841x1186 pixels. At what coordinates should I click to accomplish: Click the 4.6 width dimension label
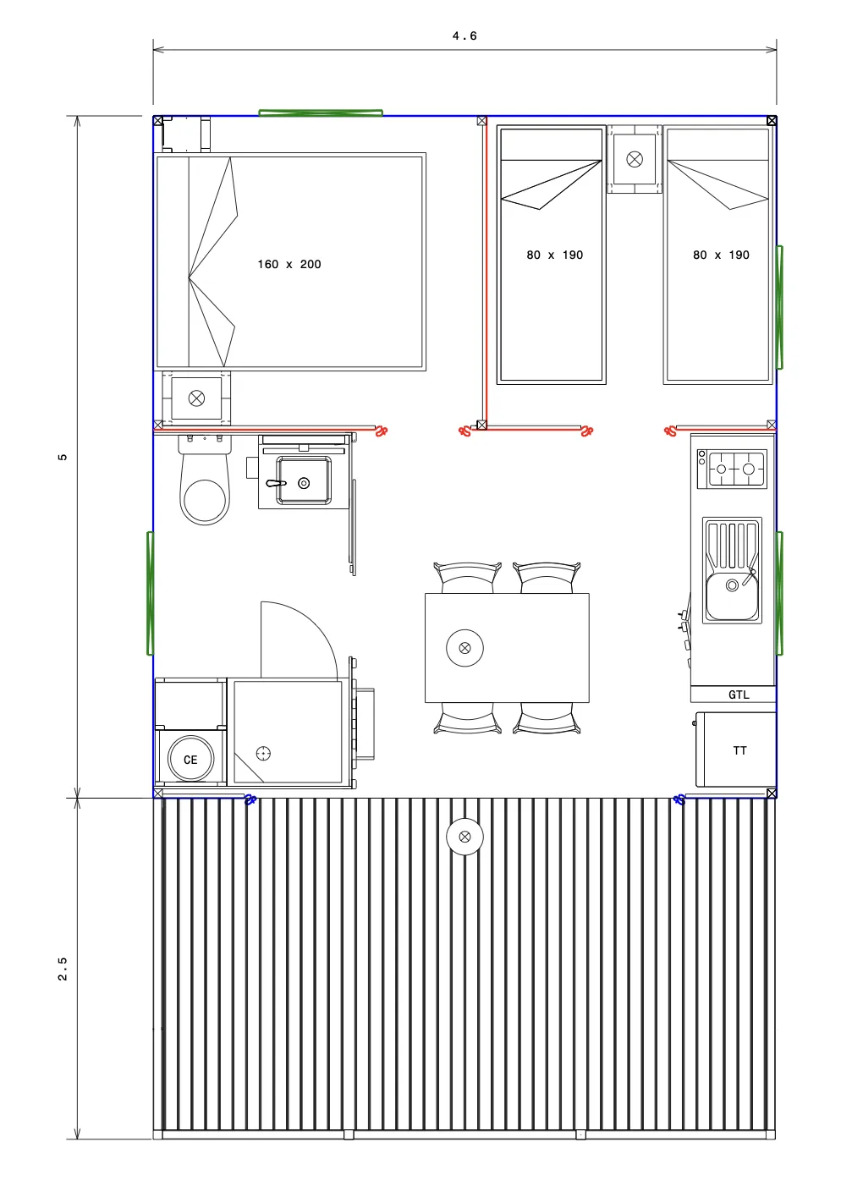[x=464, y=36]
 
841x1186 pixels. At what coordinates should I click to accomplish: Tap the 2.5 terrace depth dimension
[x=63, y=969]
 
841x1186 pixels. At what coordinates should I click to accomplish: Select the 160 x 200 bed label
[x=289, y=264]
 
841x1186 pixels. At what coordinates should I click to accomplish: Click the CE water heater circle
[x=190, y=759]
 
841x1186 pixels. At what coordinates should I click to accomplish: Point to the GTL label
[x=739, y=695]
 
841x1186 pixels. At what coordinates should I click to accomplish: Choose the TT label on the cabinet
[x=739, y=750]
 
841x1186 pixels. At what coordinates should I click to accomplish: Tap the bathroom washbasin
[x=304, y=480]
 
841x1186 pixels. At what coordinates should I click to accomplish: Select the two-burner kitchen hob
[x=732, y=469]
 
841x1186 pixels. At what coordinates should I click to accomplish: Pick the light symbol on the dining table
[x=465, y=647]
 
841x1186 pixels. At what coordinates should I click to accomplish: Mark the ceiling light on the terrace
[x=465, y=837]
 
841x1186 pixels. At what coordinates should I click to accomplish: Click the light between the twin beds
[x=635, y=159]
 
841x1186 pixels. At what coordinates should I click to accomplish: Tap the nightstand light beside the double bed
[x=196, y=398]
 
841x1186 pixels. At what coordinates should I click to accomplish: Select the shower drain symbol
[x=263, y=753]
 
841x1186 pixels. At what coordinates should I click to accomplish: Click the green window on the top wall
[x=321, y=113]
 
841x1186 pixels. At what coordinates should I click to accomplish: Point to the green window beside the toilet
[x=151, y=593]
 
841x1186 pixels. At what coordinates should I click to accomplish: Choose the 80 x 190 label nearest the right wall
[x=721, y=255]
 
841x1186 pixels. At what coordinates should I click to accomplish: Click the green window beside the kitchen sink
[x=779, y=593]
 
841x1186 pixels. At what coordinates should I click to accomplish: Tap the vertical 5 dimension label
[x=63, y=457]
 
